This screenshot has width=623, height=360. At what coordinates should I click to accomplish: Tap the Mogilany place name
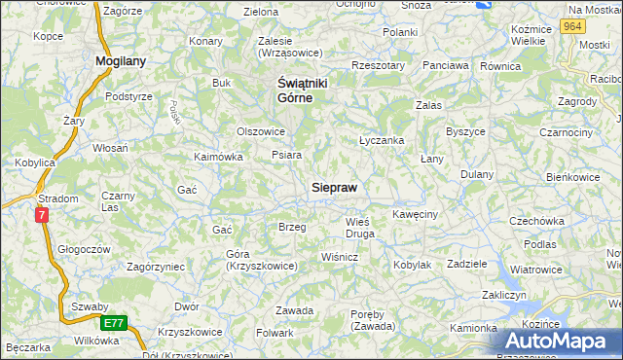[x=121, y=60]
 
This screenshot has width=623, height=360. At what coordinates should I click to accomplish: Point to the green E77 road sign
[x=115, y=322]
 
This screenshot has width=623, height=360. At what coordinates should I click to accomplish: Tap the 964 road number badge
[x=572, y=28]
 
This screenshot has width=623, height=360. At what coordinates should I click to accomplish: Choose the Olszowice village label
[x=261, y=131]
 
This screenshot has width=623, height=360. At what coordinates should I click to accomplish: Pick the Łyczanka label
[x=382, y=140]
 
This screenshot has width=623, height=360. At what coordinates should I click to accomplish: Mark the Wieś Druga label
[x=360, y=228]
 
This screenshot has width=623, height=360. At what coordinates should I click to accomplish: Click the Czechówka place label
[x=537, y=221]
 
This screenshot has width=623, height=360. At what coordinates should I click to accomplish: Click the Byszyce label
[x=465, y=130]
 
